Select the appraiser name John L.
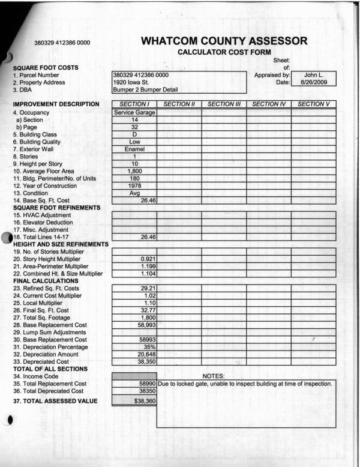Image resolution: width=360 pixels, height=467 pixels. [x=314, y=75]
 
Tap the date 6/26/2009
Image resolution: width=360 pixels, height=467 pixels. [x=314, y=82]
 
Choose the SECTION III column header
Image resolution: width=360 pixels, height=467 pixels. [x=224, y=104]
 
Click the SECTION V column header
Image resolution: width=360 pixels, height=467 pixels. [x=313, y=104]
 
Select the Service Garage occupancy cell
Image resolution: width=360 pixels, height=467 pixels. [x=134, y=112]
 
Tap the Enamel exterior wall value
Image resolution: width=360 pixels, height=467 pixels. [x=134, y=148]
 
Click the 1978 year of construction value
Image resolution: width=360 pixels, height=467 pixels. [x=134, y=185]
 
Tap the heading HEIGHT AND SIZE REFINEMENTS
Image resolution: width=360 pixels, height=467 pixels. [x=60, y=244]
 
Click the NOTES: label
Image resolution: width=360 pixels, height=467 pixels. [x=214, y=376]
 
